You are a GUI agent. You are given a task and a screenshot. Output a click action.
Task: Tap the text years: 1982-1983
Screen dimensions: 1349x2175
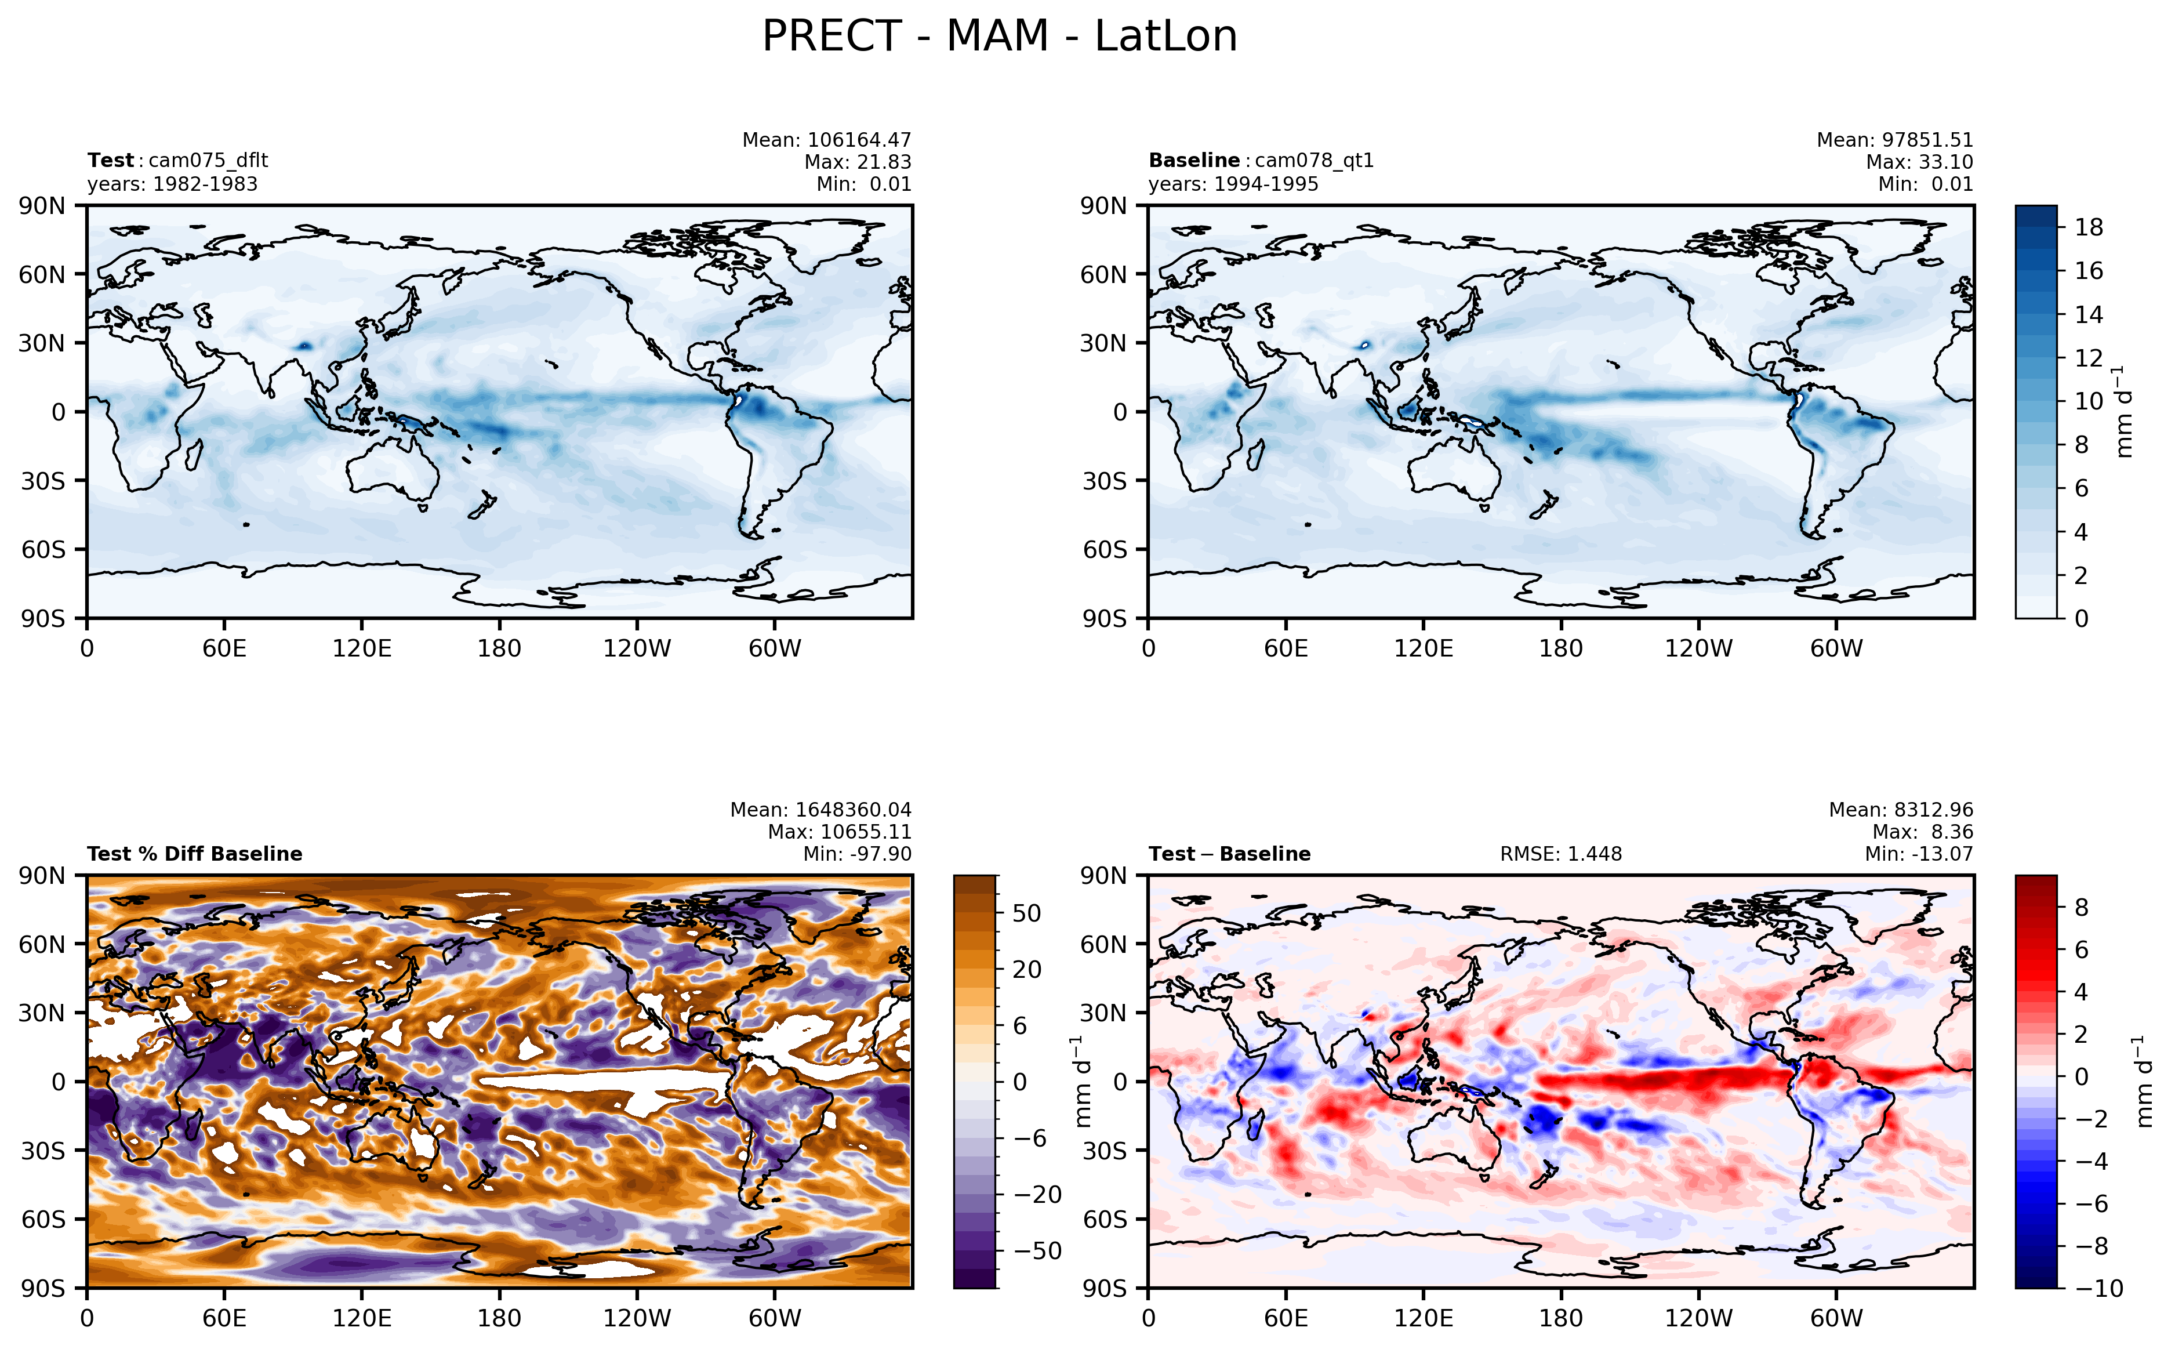point(172,184)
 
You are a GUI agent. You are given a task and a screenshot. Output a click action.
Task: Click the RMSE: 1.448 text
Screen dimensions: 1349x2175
point(1560,854)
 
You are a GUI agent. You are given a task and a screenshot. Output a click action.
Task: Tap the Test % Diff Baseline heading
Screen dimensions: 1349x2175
point(194,854)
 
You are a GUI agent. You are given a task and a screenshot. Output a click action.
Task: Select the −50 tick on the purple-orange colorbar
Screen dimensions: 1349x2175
point(1036,1251)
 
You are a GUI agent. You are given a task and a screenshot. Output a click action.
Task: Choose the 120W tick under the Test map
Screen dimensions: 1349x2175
point(636,648)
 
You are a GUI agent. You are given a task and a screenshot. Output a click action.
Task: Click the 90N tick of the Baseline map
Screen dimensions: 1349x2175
point(1103,206)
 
